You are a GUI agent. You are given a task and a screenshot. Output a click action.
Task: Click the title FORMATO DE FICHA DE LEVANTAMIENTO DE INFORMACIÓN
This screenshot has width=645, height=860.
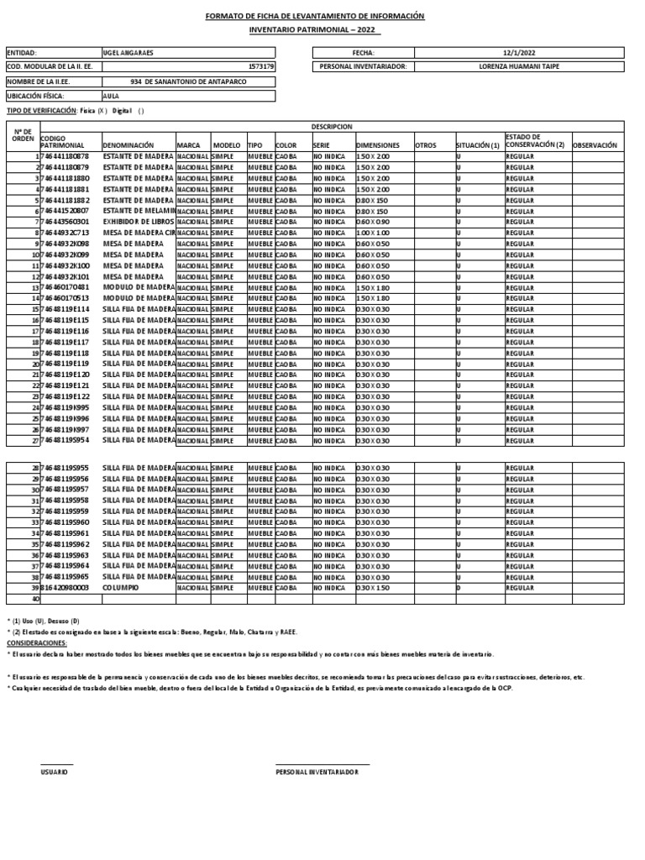click(315, 16)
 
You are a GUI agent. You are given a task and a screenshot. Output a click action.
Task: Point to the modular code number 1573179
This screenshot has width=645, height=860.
click(261, 66)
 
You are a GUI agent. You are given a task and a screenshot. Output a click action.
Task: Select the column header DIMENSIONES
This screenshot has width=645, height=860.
click(378, 145)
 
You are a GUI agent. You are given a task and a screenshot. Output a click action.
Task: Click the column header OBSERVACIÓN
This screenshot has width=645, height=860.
click(595, 145)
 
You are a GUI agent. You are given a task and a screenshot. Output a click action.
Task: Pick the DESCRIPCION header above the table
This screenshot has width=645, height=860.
click(332, 126)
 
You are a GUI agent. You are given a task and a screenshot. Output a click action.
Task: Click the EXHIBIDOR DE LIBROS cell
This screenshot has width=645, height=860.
click(139, 222)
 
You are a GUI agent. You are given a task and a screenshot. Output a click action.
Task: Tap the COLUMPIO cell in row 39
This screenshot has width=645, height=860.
click(121, 588)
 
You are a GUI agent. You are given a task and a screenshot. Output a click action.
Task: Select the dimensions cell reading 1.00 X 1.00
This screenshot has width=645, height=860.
click(374, 233)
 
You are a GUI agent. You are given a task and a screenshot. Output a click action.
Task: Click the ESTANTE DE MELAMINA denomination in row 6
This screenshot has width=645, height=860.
click(139, 211)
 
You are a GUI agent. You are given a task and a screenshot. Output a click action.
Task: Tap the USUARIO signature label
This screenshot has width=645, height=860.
click(55, 771)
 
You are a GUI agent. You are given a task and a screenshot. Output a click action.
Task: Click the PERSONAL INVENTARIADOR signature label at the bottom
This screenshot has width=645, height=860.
click(317, 771)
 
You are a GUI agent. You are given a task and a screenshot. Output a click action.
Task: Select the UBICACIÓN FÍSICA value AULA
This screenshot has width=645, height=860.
click(111, 97)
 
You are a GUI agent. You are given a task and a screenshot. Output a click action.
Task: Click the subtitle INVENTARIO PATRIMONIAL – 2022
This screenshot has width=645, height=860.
click(315, 30)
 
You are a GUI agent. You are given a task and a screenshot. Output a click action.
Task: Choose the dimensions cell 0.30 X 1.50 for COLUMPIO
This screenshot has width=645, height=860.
click(374, 588)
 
